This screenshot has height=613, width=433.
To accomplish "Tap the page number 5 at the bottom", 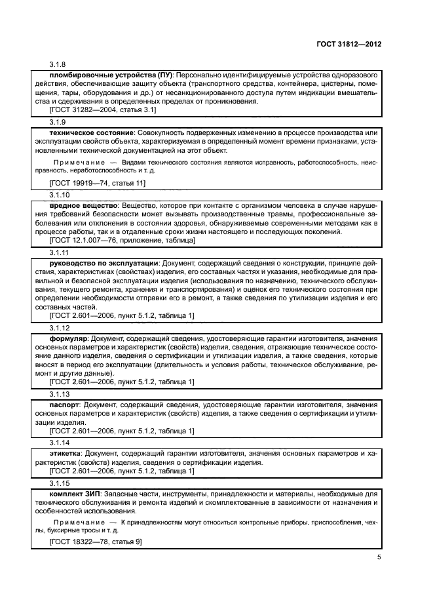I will pyautogui.click(x=379, y=557).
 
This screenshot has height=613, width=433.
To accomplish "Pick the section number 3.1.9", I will pyautogui.click(x=58, y=122).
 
